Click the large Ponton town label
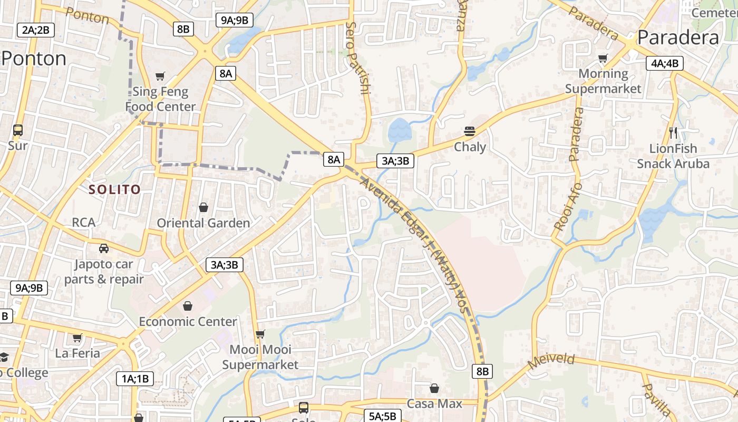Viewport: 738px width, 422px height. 34,58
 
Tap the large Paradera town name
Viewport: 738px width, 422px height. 678,37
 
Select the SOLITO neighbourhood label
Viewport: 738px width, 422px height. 114,189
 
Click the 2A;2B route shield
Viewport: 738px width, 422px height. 36,30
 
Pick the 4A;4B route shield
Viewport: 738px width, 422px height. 665,63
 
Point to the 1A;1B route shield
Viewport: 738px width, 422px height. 135,378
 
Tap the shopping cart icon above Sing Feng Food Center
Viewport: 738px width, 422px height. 160,76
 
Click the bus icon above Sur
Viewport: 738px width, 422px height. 18,130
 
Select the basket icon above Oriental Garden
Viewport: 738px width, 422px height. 203,207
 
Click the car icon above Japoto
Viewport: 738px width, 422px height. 104,248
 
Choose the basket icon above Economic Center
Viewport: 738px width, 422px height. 187,305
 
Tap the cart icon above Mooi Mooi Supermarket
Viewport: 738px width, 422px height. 260,334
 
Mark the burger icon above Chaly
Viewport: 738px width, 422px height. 470,131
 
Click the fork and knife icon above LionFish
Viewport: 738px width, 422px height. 673,132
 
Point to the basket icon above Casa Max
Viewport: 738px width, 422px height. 434,388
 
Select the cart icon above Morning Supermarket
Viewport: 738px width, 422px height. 603,58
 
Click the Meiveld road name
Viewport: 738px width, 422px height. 551,361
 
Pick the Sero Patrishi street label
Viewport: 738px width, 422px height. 357,58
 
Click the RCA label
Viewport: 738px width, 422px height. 84,223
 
